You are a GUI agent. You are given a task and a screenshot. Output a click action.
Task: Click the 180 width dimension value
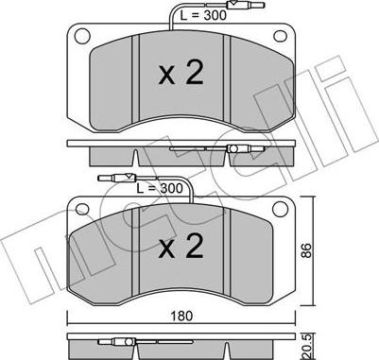point(181,316)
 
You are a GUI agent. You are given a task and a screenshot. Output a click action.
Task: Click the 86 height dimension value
point(306,250)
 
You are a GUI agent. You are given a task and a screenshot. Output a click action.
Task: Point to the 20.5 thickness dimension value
point(307,347)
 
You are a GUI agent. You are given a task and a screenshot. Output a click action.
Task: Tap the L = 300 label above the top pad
point(203,15)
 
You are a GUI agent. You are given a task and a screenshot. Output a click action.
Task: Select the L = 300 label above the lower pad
point(160,188)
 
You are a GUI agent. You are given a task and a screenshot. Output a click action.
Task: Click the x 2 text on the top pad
point(181,74)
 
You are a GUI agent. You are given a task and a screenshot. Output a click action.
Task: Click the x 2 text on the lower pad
point(181,247)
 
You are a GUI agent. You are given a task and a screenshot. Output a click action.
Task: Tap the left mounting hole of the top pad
point(82,36)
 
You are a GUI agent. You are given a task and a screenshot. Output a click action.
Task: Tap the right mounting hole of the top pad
point(280,36)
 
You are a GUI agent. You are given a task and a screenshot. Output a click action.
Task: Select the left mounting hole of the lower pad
point(83,210)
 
